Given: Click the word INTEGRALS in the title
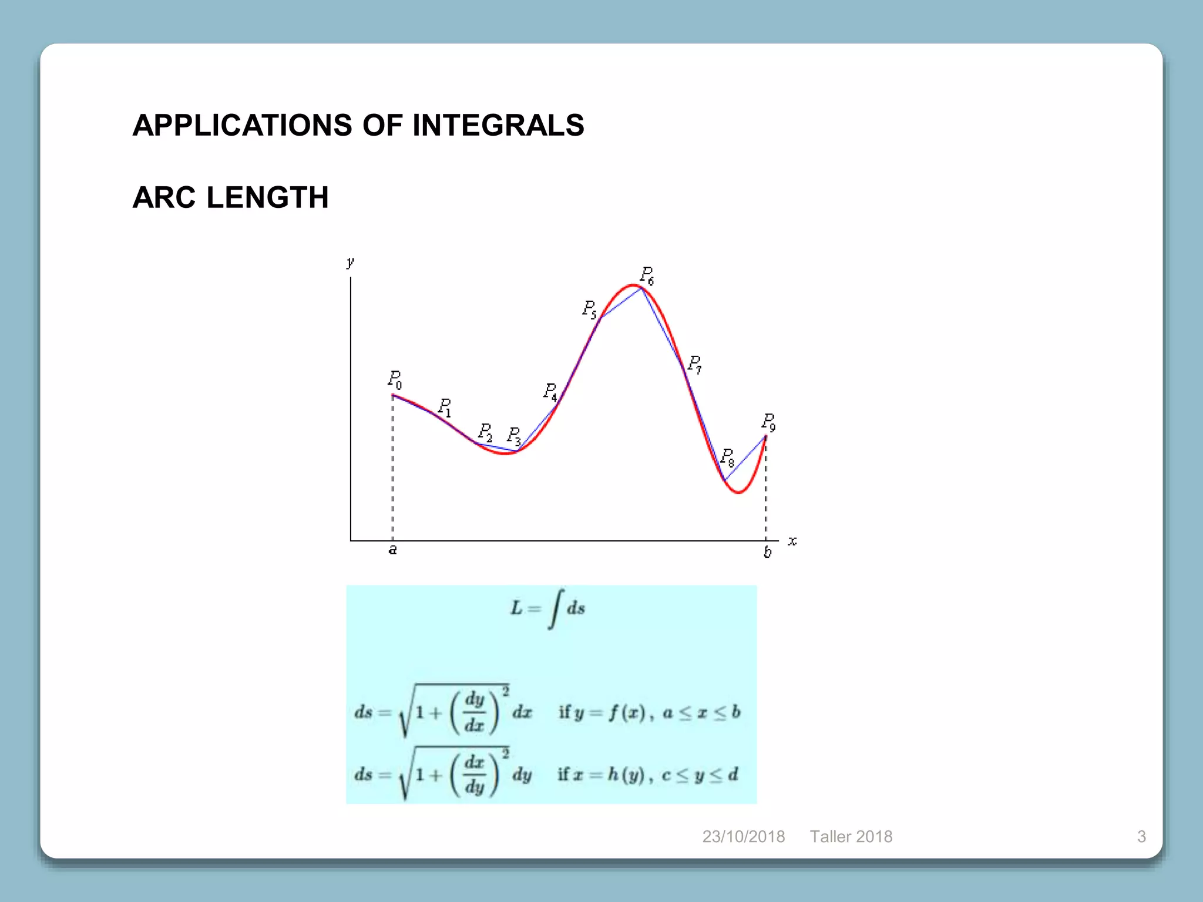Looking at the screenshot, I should [x=498, y=126].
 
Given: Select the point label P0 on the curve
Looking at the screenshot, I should [x=395, y=379].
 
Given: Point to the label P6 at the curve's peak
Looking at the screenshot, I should [x=647, y=275].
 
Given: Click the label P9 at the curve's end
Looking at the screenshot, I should [x=768, y=422].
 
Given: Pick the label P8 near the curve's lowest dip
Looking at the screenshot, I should [x=727, y=457].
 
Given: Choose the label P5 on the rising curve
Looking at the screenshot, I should [x=589, y=309].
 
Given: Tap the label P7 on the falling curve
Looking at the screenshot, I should [x=694, y=364].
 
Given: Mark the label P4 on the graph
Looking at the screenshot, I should [x=550, y=392].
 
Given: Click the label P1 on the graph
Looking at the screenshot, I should [x=445, y=406].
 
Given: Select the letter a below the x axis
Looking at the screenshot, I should [x=393, y=550].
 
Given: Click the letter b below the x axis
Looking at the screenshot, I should [x=767, y=552].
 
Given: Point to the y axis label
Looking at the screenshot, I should [x=351, y=262].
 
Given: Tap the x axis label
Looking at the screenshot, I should [x=792, y=541].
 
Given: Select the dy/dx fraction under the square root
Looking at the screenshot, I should [x=475, y=712].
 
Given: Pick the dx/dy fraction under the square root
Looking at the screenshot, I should [x=475, y=774].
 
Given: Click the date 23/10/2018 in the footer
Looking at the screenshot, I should [x=744, y=836].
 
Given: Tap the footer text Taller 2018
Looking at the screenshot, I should [x=851, y=836].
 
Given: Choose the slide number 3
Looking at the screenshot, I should [x=1141, y=836].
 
